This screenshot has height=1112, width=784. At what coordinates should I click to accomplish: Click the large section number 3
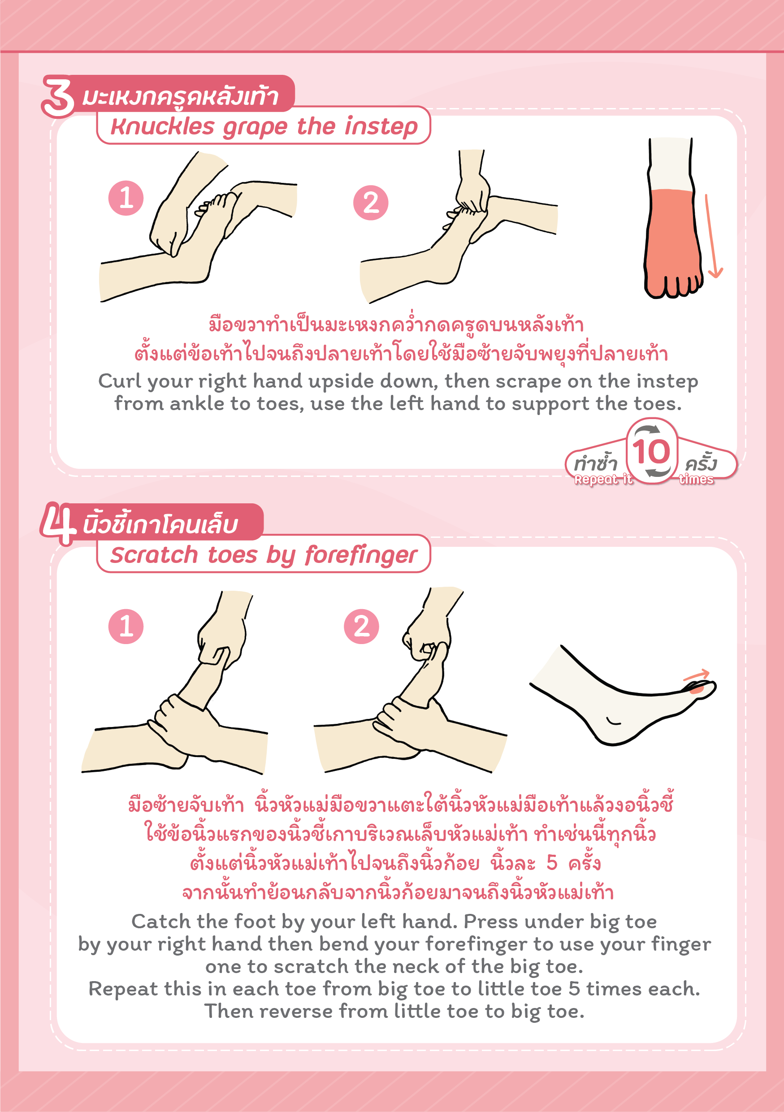58,97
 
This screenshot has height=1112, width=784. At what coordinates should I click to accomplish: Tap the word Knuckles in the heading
162,126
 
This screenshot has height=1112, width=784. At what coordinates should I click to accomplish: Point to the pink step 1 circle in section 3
126,198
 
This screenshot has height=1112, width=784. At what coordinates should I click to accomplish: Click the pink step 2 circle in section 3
371,203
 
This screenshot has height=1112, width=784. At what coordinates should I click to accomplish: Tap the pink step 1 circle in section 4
126,626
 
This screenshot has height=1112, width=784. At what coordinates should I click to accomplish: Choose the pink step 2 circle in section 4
361,626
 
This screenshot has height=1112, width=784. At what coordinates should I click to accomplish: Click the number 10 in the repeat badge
651,452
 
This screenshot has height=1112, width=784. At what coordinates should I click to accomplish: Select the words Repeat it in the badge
603,479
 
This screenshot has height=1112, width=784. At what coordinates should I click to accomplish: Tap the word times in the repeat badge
696,479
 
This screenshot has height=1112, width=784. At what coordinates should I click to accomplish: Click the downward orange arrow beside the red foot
713,236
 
